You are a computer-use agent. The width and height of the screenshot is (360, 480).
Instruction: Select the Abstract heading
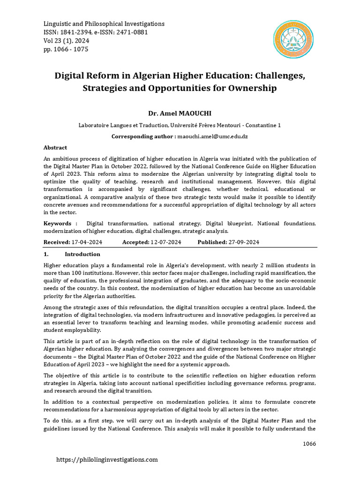pos(55,147)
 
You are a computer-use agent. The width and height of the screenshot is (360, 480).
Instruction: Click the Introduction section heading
pos(82,254)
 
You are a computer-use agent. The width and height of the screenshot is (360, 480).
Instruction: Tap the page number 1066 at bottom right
pos(309,443)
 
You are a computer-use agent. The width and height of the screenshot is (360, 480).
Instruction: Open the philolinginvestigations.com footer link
pos(107,460)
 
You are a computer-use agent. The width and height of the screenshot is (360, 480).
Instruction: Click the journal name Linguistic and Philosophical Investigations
pos(104,23)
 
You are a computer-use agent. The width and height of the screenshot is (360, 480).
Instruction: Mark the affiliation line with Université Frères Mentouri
pos(180,125)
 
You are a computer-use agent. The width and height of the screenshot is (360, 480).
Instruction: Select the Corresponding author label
pos(143,136)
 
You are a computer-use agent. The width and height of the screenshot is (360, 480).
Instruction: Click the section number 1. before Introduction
pos(46,254)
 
